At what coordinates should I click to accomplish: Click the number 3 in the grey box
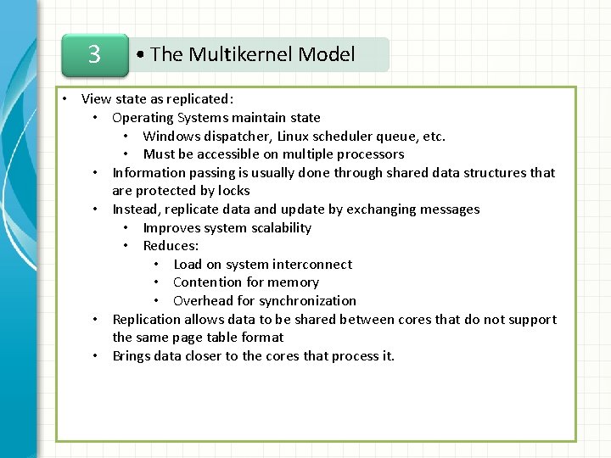(x=94, y=55)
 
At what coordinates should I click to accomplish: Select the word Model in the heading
(x=327, y=55)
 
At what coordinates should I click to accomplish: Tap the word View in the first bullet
(x=95, y=99)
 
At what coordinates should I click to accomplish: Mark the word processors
(x=370, y=154)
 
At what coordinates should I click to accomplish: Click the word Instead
(x=136, y=209)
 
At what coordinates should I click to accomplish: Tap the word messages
(x=449, y=209)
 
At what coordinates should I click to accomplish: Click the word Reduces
(x=171, y=246)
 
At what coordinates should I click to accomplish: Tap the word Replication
(x=147, y=320)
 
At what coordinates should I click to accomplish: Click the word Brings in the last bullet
(x=132, y=356)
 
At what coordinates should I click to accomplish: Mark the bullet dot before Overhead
(x=158, y=301)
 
